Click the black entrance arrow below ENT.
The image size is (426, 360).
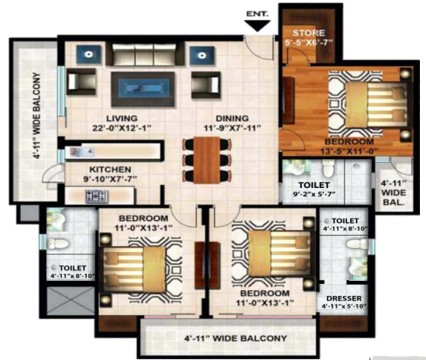258,26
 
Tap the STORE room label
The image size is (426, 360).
309,33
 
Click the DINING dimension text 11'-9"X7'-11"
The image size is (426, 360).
232,128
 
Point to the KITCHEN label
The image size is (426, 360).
110,170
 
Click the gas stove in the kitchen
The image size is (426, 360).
97,196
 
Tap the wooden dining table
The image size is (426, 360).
207,160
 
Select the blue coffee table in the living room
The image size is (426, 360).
143,89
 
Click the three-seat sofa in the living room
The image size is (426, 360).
145,54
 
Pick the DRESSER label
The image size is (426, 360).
344,298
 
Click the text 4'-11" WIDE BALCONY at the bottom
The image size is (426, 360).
235,338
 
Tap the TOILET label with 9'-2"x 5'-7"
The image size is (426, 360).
314,185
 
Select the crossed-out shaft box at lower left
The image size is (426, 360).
71,301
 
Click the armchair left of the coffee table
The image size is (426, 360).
81,81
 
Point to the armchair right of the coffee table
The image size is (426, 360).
206,84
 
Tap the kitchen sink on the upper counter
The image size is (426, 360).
82,151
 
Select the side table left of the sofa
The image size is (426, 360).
88,55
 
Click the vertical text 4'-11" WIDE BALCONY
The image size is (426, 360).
37,116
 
